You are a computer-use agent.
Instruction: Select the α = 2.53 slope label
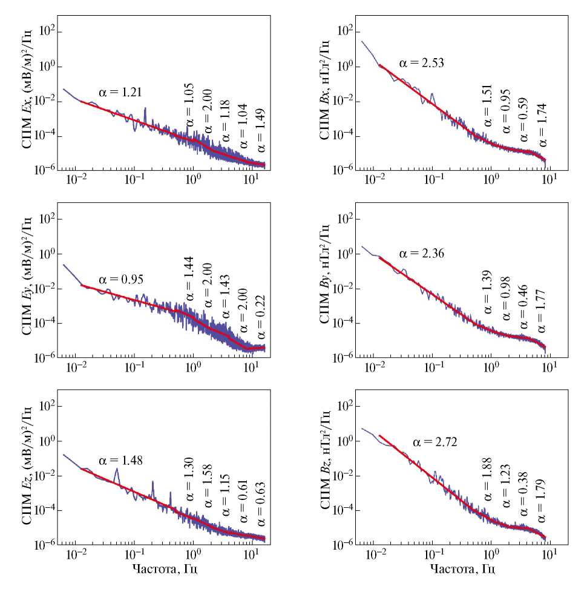422,62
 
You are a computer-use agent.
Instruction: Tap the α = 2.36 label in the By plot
422,253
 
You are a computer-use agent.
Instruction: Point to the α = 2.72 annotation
435,443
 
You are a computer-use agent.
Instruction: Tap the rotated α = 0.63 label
261,503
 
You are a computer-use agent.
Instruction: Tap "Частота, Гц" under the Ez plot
165,570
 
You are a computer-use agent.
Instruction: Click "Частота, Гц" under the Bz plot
459,570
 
